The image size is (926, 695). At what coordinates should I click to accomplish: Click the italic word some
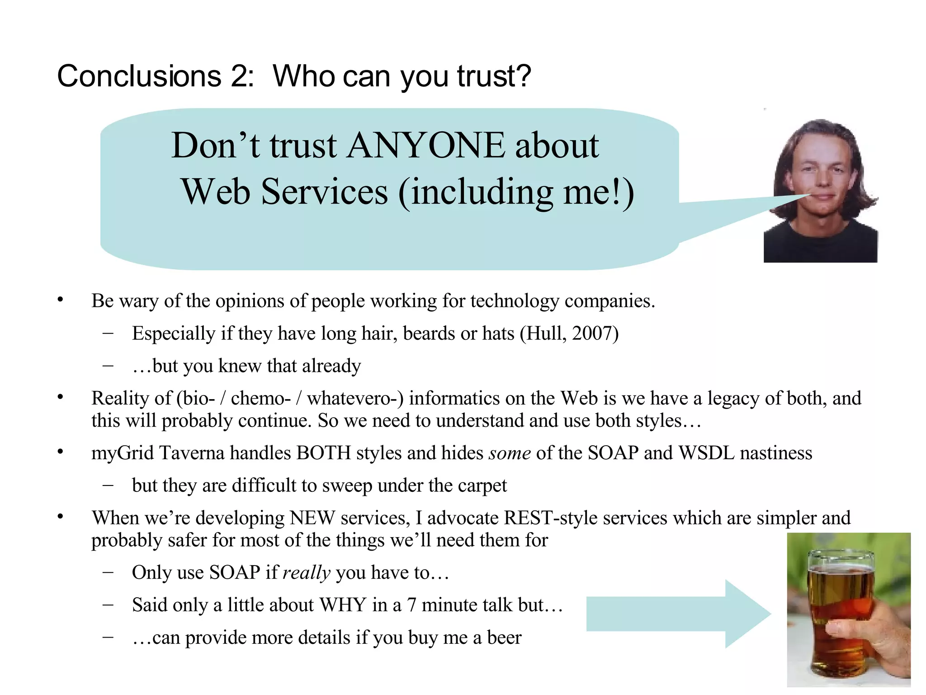[510, 453]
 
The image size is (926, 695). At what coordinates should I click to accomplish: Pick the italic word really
[307, 573]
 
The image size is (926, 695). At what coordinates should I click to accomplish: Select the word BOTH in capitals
[323, 453]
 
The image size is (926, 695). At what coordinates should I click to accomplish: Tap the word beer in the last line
[504, 638]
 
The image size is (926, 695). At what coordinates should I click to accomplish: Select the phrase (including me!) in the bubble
[516, 192]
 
